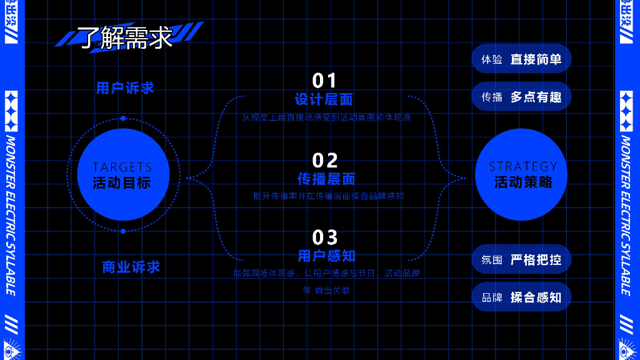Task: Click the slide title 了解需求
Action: pos(125,37)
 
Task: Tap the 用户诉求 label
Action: pos(125,88)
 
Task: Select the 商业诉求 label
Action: pos(131,267)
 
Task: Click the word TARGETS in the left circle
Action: pos(122,167)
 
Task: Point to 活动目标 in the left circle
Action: pos(122,183)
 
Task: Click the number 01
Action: pos(324,81)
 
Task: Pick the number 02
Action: pos(325,161)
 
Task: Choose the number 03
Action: pos(325,237)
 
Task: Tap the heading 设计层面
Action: pos(324,99)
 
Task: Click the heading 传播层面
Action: pos(326,179)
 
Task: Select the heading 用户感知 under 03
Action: pos(326,256)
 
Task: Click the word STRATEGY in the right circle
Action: pos(522,166)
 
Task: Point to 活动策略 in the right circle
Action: pos(523,182)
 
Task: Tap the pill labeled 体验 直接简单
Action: pos(521,59)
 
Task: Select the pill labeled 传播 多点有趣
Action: pos(521,97)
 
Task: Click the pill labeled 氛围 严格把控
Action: pos(521,259)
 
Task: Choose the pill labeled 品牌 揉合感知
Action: pos(521,297)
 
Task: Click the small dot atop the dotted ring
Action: pos(123,118)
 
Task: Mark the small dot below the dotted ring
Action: pos(123,231)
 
